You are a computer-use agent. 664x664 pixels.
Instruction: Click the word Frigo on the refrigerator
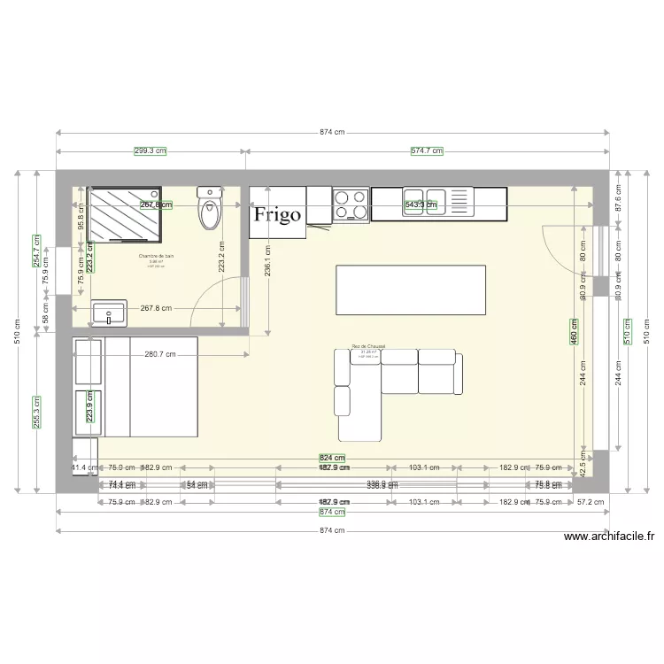point(278,213)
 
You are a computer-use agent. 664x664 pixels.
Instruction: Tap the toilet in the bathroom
point(210,210)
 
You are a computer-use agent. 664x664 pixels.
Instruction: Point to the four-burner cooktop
point(351,205)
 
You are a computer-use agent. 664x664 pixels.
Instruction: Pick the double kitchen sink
point(436,203)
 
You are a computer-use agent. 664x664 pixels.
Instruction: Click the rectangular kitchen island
point(411,290)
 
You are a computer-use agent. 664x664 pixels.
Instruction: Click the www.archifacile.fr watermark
point(608,536)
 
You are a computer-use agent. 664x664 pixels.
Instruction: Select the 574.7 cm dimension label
point(427,151)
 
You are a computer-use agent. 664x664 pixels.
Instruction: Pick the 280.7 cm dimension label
point(158,355)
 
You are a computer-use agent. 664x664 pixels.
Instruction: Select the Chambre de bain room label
point(157,256)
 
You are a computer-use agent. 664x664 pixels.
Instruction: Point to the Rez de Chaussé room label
point(368,346)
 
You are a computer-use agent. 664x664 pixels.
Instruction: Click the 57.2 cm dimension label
point(590,502)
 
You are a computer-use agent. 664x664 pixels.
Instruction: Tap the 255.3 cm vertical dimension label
point(36,410)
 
